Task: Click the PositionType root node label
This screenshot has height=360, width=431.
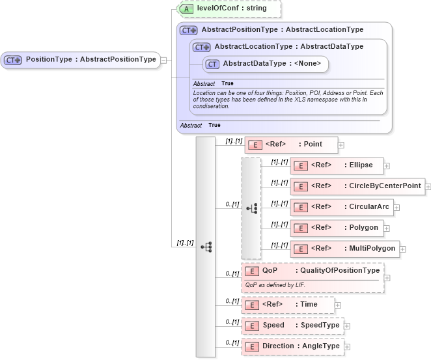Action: [x=90, y=59]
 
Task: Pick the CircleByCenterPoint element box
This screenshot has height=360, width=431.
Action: [x=357, y=186]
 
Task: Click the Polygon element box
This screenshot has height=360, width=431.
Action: [x=339, y=228]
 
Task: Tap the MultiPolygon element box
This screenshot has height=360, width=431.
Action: [x=345, y=248]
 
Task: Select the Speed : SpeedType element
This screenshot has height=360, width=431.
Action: [x=292, y=325]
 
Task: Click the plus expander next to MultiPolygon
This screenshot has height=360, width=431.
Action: [x=403, y=249]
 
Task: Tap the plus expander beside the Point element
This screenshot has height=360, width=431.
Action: [x=341, y=145]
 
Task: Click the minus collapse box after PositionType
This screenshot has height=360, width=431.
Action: [x=163, y=60]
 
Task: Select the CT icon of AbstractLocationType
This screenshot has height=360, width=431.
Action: [x=201, y=47]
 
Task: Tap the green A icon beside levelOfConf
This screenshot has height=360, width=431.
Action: [x=187, y=8]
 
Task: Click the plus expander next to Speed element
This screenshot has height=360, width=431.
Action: [x=346, y=325]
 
